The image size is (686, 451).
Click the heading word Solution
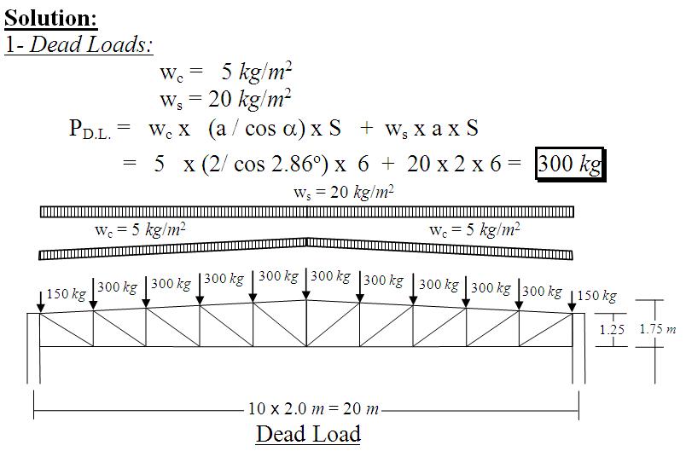point(50,19)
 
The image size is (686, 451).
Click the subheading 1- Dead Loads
point(78,44)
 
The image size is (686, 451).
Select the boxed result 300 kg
point(570,165)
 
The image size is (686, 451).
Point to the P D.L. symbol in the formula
point(90,130)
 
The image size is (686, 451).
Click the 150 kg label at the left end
point(66,293)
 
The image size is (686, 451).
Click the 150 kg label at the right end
point(596,296)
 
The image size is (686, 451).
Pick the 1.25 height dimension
point(612,329)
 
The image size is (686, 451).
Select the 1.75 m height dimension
point(658,328)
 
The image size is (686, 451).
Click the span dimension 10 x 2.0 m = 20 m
point(313,408)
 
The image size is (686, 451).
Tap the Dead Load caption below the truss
point(308,433)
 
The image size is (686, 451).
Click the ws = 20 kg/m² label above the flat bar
point(344,192)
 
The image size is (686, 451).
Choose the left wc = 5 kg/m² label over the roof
point(140,229)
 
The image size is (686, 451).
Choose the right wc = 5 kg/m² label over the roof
point(474,229)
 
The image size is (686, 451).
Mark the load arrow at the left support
point(40,302)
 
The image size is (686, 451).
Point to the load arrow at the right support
point(572,302)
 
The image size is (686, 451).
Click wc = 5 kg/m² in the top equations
point(226,72)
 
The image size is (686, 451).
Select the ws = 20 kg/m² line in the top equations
point(225,99)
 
